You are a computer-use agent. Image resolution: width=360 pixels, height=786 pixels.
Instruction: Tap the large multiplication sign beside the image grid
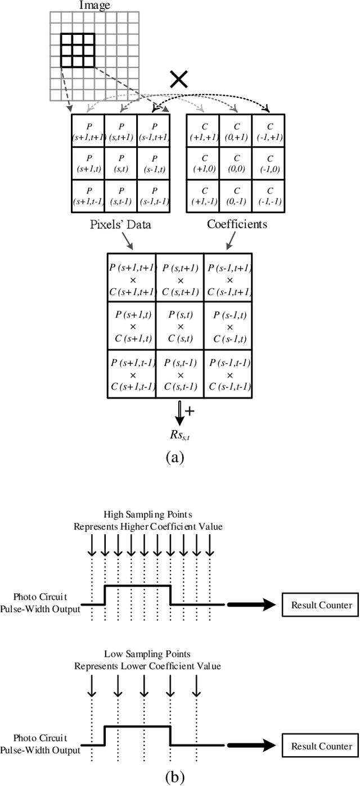179,80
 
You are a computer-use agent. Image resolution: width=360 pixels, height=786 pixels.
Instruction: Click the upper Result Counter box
321,605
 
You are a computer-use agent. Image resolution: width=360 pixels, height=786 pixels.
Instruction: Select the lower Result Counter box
321,746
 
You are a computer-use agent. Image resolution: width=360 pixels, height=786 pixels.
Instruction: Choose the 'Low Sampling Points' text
147,654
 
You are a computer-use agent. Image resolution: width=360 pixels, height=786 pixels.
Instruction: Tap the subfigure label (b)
175,777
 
